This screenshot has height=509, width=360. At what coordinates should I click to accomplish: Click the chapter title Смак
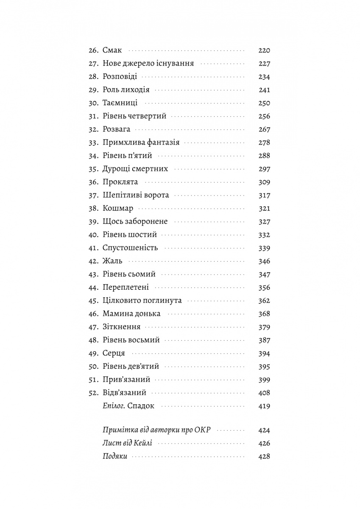[x=112, y=50]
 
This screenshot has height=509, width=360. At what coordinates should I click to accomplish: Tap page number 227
[x=264, y=64]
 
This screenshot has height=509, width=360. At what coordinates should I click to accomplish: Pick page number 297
[x=264, y=169]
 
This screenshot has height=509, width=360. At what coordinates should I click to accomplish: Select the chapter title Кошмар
[x=118, y=208]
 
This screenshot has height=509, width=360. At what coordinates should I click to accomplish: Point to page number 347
[x=264, y=274]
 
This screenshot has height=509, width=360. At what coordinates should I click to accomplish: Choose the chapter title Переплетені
[x=126, y=287]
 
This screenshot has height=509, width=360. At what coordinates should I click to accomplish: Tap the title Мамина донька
[x=131, y=313]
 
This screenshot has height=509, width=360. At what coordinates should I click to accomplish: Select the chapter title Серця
[x=113, y=353]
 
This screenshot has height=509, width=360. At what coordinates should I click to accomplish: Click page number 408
[x=264, y=392]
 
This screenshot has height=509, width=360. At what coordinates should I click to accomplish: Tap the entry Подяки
[x=115, y=456]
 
